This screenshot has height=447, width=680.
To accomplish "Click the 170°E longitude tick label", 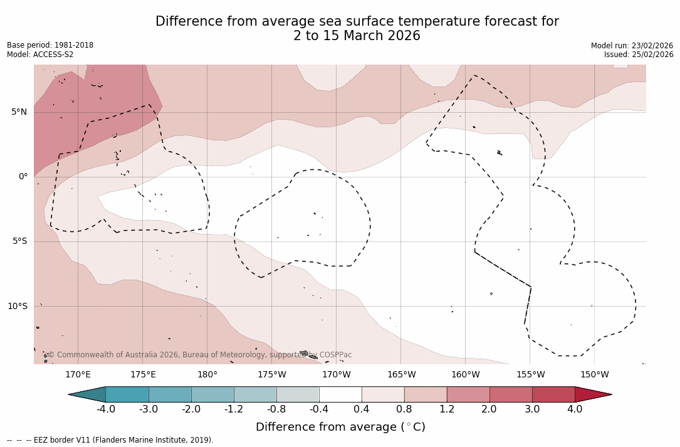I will point(78,375).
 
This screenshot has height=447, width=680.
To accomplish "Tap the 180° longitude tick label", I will point(207,375).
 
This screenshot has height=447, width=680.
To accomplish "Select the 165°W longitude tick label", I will point(401,375).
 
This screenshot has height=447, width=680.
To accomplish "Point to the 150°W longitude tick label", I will point(594,375).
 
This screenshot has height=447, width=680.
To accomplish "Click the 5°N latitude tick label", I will point(19,112).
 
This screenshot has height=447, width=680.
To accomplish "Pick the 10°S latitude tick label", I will point(18,307).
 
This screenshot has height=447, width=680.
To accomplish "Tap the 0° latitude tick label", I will point(23,177).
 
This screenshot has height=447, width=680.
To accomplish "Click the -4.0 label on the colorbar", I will point(106,409).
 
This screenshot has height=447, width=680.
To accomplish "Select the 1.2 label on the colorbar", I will point(447,409).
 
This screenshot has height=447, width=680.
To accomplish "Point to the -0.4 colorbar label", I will point(319,409).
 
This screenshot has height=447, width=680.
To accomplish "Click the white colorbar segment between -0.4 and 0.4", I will point(340,394).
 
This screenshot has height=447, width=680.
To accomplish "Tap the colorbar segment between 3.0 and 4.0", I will point(553,394).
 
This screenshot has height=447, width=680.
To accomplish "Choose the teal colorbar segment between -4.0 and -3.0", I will point(127,394).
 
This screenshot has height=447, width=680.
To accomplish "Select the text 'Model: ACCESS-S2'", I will point(40,55).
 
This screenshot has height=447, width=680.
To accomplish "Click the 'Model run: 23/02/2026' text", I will point(632,46).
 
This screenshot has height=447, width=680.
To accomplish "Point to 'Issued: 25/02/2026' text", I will point(639,55).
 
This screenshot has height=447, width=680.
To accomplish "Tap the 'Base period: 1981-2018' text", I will point(50,45).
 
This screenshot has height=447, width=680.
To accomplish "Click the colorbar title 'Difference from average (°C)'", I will point(340,427).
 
